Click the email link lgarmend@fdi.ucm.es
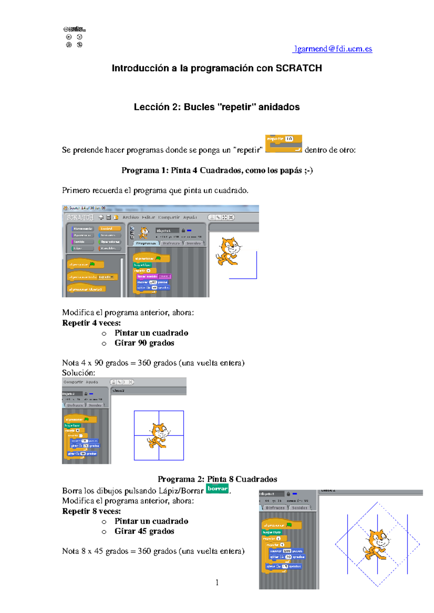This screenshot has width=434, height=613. click(332, 49)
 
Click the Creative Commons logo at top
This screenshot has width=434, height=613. click(75, 30)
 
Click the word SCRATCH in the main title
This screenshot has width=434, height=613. click(298, 68)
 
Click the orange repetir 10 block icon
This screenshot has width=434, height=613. click(283, 144)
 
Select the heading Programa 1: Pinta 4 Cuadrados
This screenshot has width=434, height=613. click(217, 170)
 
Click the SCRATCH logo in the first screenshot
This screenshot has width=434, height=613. click(80, 217)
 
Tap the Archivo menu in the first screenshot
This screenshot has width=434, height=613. click(131, 217)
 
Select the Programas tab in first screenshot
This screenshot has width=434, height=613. click(146, 243)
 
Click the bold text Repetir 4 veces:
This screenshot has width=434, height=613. click(92, 323)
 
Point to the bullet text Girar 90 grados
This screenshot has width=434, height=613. click(144, 343)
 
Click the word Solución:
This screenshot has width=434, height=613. click(78, 373)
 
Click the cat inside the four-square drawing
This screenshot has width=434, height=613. click(158, 435)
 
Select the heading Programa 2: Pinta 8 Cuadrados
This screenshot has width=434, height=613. click(217, 479)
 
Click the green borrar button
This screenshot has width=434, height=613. click(217, 488)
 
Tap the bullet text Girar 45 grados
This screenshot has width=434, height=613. click(144, 531)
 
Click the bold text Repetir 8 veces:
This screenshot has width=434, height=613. click(92, 511)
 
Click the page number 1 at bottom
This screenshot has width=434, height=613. click(217, 582)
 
